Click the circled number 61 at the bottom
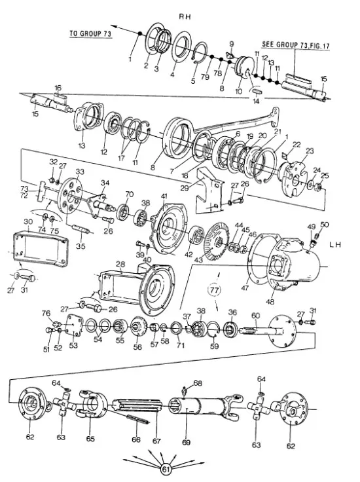166,470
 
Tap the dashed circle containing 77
215,289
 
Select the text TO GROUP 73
90,33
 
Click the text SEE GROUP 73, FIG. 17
295,45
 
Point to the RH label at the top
185,16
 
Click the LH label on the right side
335,245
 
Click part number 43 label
199,259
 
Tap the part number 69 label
186,442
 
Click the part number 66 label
136,439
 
